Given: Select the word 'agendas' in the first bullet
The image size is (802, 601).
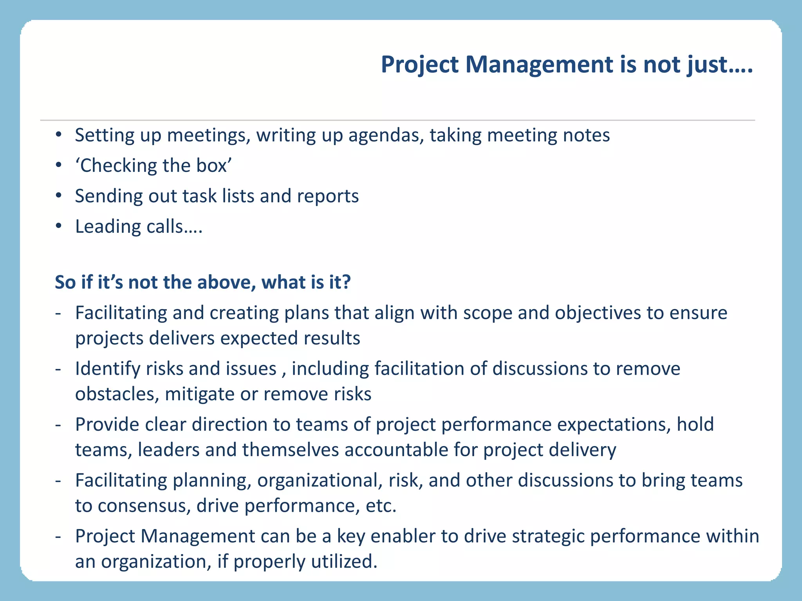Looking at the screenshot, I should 386,135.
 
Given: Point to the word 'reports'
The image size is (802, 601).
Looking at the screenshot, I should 328,196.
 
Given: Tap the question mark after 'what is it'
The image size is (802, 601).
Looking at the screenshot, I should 346,282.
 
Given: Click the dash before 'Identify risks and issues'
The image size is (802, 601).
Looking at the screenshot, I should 58,369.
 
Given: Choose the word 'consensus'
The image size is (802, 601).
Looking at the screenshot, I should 144,506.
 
